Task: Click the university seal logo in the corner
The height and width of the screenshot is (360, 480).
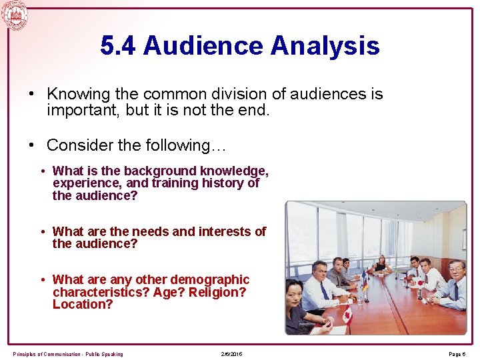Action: tap(14, 15)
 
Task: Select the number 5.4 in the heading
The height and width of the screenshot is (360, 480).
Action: tap(118, 46)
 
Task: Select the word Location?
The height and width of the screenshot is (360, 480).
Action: tap(83, 305)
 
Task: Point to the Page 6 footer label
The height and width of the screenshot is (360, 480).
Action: tap(457, 354)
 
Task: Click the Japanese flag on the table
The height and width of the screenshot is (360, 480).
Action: tap(418, 283)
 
